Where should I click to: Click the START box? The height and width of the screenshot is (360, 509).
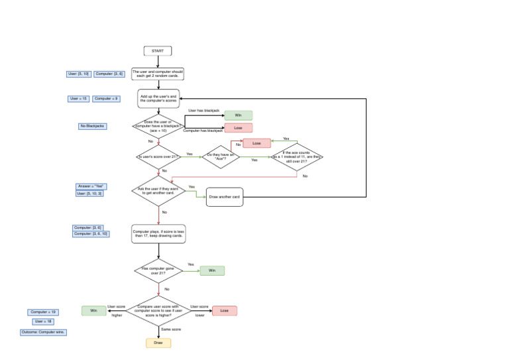click(158, 51)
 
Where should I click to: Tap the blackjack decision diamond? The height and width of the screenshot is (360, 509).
click(158, 126)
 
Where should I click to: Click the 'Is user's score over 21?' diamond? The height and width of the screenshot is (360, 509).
click(158, 156)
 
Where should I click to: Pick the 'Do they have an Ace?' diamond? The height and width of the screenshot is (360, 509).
click(221, 156)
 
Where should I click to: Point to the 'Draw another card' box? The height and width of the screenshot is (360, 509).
click(224, 197)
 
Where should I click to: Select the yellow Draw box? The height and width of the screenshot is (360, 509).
click(158, 343)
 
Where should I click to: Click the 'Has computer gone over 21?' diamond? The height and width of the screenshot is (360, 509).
click(158, 270)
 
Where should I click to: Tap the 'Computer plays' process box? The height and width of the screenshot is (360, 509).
click(158, 233)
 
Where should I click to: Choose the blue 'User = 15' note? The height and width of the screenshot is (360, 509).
click(78, 99)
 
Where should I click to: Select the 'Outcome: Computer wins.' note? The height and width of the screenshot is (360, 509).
click(43, 332)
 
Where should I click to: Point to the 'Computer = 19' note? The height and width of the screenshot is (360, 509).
click(43, 312)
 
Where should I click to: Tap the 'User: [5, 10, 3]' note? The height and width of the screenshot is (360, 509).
click(89, 194)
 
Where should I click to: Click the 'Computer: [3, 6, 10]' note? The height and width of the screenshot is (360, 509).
click(91, 234)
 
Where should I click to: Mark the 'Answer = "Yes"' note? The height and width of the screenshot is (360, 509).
click(91, 186)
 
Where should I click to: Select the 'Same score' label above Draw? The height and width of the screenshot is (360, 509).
click(171, 329)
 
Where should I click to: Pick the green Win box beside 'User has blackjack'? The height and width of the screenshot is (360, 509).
click(238, 115)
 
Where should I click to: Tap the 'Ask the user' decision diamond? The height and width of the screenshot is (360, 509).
click(158, 191)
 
